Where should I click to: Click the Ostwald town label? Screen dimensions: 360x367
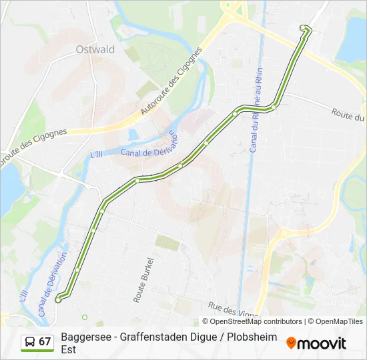[x=95, y=49]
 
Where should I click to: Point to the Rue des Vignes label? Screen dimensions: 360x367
[x=234, y=310]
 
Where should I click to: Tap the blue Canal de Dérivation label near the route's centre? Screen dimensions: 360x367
[x=151, y=145]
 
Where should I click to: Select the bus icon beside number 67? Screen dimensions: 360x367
[x=30, y=342]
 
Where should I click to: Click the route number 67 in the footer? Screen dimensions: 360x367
[x=45, y=342]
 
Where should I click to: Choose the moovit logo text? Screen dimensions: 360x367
[x=322, y=343]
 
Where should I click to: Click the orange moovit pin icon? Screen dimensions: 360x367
[x=291, y=343]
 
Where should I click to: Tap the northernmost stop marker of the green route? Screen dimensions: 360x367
[x=304, y=28]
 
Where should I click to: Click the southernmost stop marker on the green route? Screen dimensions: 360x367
[x=58, y=300]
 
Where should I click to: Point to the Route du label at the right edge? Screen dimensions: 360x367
[x=348, y=115]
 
